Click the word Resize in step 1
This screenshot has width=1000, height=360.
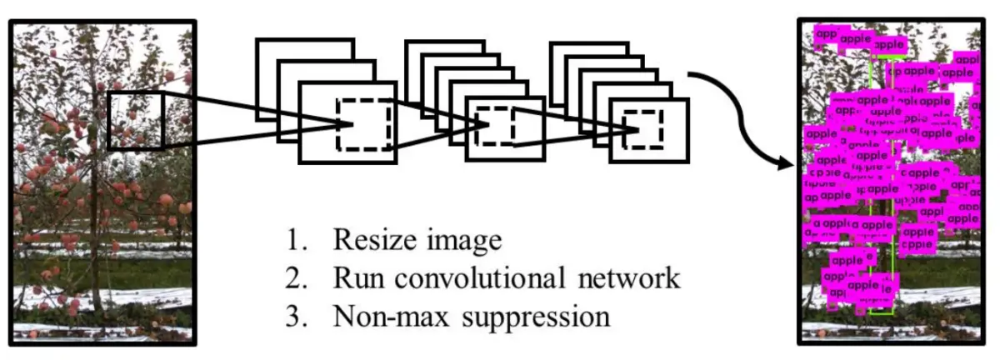(x=372, y=241)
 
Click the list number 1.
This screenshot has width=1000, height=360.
(x=293, y=241)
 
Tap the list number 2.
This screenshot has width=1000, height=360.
(x=293, y=278)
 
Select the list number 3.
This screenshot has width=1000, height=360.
(x=293, y=317)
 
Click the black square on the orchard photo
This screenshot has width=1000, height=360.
(x=136, y=119)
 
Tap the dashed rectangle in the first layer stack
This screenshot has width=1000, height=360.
(x=364, y=124)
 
